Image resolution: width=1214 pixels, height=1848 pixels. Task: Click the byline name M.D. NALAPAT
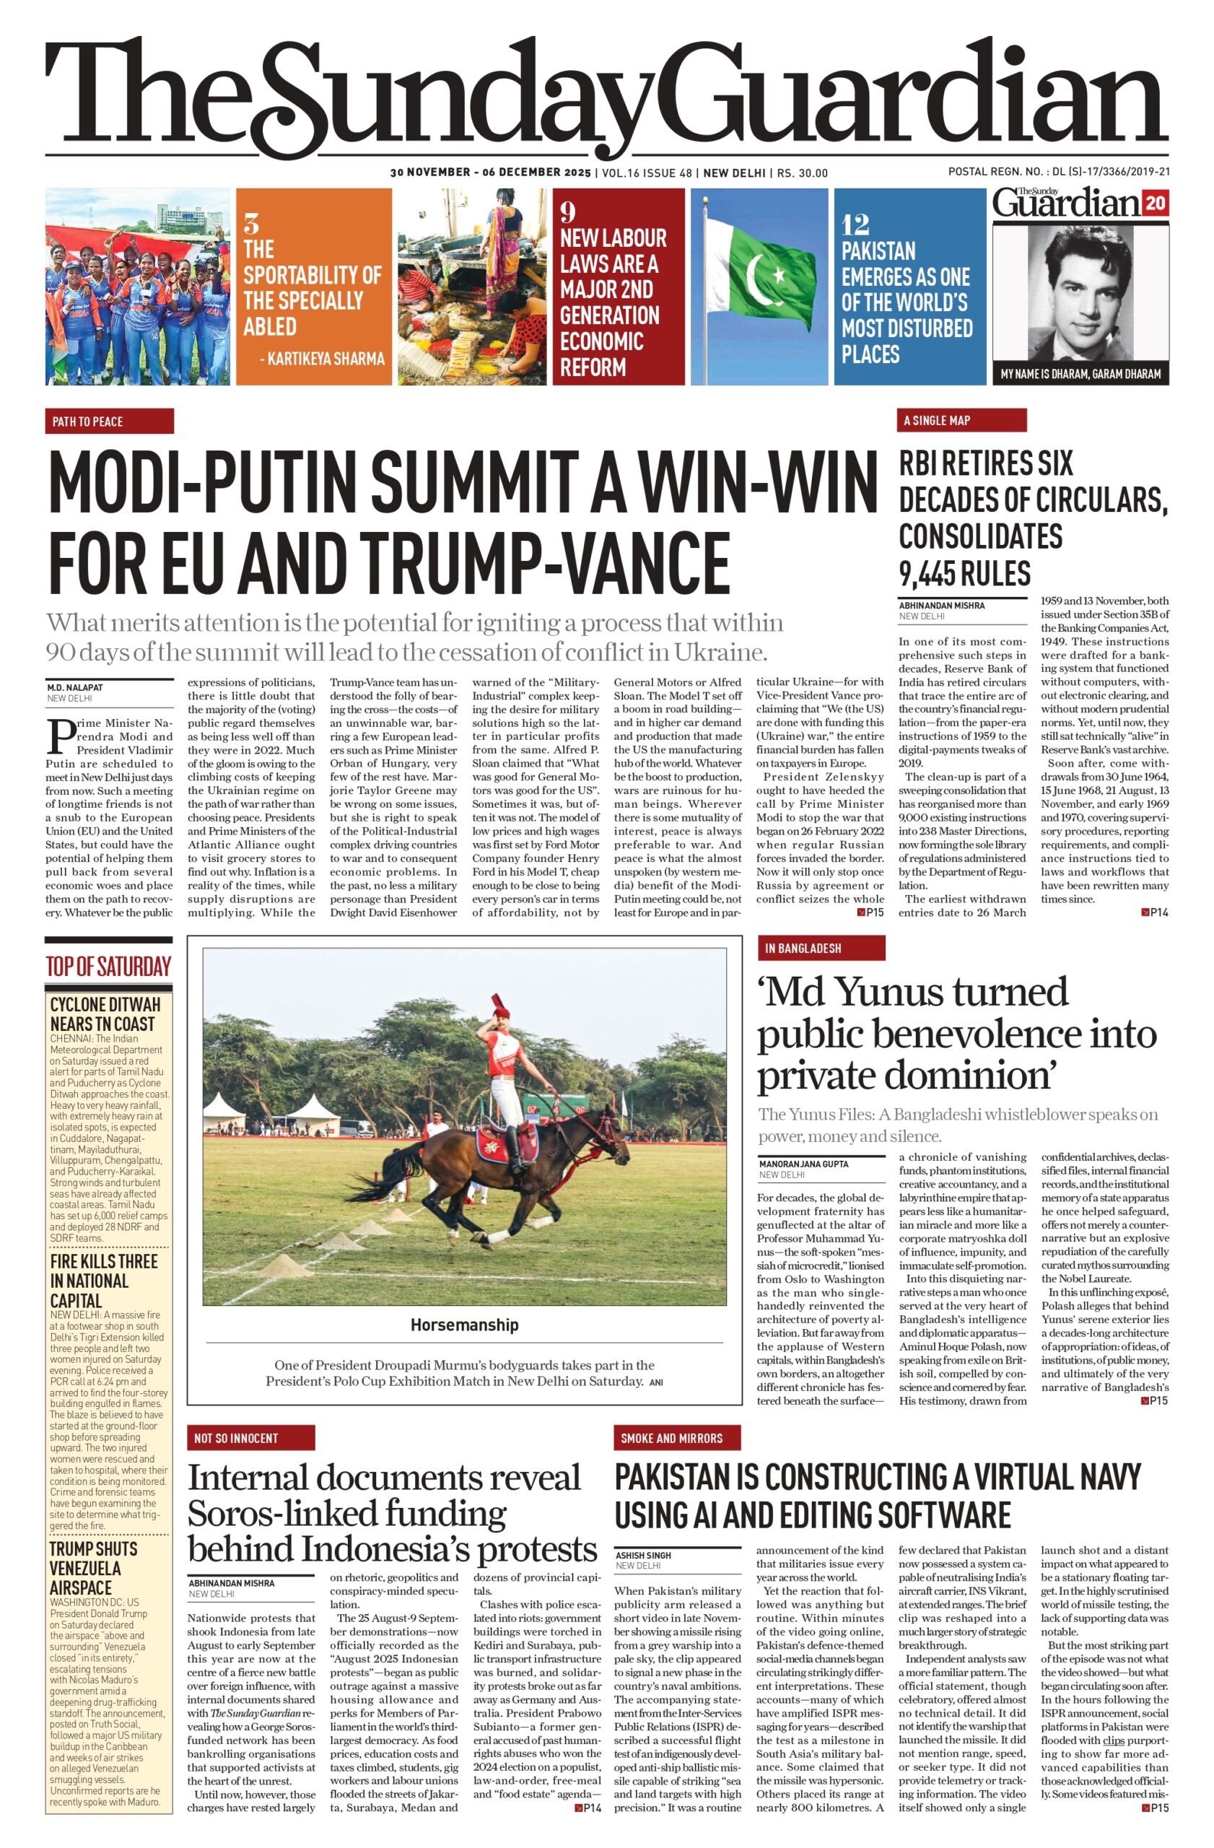click(74, 687)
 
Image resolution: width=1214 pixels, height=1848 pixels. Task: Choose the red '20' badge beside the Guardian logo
click(1155, 204)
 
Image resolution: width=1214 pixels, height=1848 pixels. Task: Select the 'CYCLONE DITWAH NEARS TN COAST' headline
click(105, 1014)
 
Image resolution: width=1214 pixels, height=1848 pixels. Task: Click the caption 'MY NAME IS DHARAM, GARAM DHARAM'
click(1080, 373)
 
